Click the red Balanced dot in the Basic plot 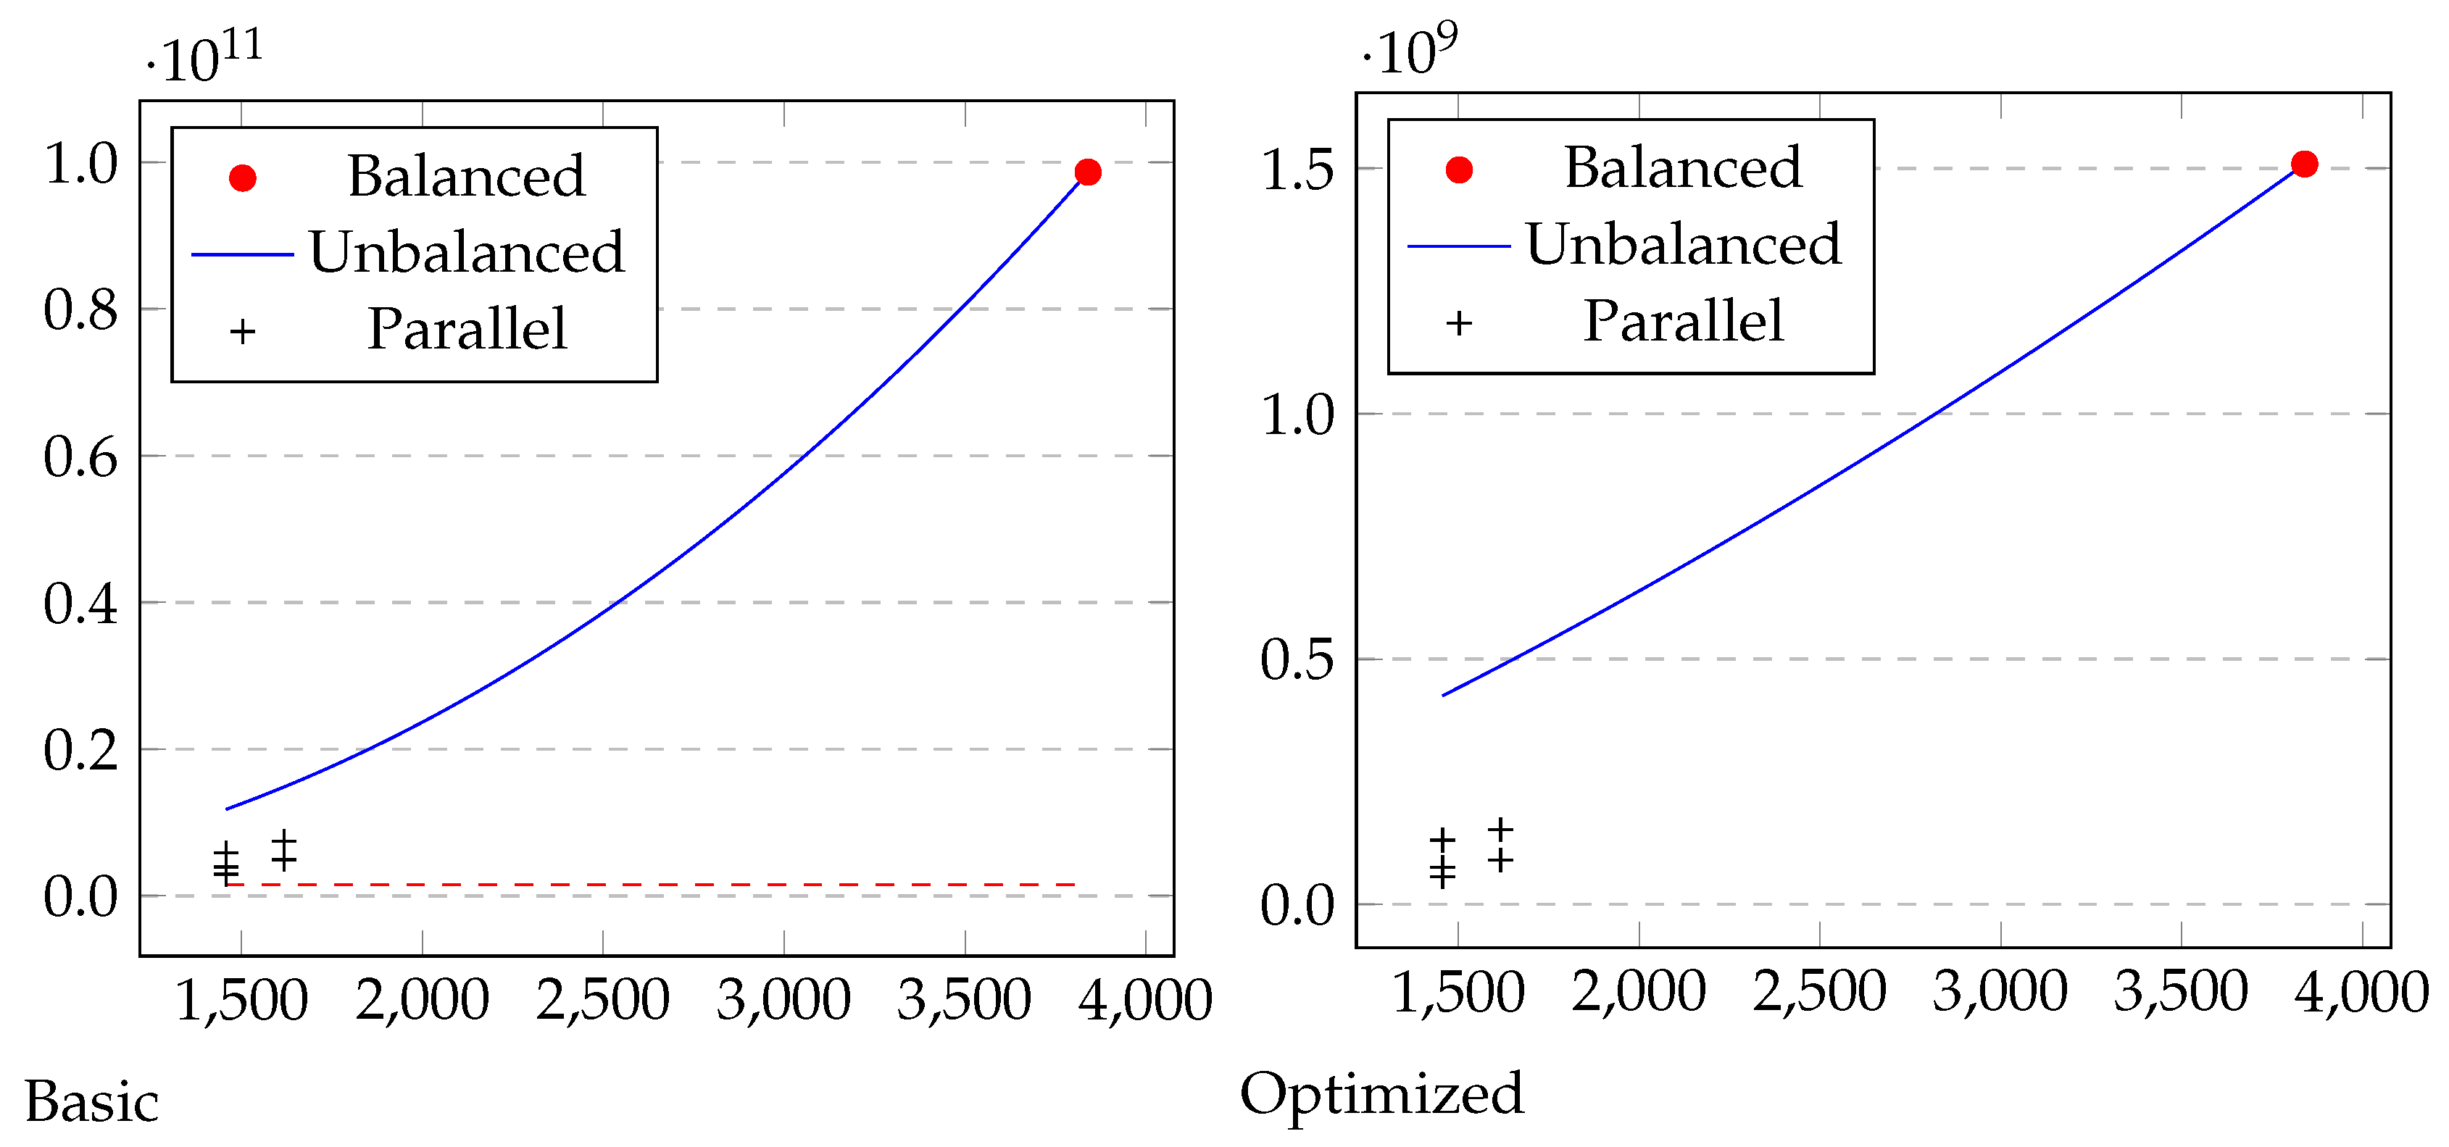[1088, 172]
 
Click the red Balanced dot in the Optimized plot [2303, 164]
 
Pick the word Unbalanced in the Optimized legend [1683, 244]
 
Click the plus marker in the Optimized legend [1458, 323]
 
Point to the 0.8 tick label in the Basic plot [80, 310]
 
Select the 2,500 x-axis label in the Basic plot [603, 1000]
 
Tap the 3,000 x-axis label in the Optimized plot [2000, 992]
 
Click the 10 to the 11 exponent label [205, 57]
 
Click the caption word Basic [91, 1102]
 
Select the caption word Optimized [1381, 1095]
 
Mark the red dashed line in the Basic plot [656, 885]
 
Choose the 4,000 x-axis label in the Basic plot [1144, 1000]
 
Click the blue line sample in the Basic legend [242, 254]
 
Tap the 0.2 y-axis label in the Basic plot [80, 750]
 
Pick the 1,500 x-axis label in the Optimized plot [1458, 992]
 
